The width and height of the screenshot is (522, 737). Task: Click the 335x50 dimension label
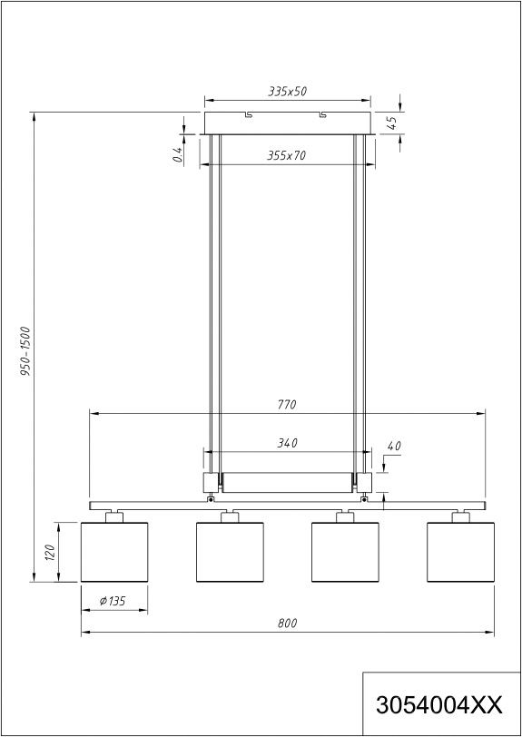[288, 91]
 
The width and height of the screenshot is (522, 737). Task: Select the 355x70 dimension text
[286, 155]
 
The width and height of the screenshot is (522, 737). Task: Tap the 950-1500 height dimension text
[25, 351]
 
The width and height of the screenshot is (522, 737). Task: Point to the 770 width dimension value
[287, 404]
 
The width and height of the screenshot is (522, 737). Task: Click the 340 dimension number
[287, 443]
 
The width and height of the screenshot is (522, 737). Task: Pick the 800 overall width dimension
[288, 624]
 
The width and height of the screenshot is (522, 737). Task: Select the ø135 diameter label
[113, 601]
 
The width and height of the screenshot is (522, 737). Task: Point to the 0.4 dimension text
[177, 154]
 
